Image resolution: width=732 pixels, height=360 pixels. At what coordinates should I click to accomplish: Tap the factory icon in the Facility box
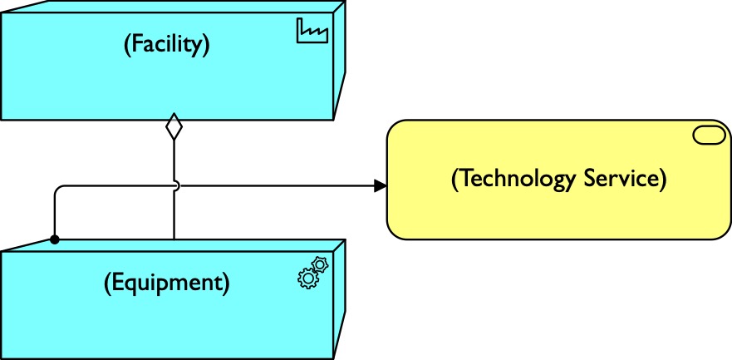pos(312,32)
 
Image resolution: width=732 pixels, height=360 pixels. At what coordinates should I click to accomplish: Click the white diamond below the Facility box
pos(174,128)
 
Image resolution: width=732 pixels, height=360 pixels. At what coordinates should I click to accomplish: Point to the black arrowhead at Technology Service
pos(380,185)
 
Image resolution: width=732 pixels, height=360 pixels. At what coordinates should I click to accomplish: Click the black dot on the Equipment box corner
pos(54,239)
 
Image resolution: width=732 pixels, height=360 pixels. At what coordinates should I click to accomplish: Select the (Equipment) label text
pos(166,283)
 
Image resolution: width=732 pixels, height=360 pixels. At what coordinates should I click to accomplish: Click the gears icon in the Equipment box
pos(312,273)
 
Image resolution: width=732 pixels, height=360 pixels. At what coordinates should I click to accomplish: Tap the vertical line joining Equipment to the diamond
pos(174,216)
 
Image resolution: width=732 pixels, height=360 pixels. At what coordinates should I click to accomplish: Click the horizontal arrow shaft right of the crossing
pos(274,185)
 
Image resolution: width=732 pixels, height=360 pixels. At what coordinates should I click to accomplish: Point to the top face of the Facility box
pos(166,7)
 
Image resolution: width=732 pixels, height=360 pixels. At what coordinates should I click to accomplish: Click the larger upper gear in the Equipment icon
pos(320,266)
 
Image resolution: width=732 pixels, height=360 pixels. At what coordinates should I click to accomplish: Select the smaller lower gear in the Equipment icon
pos(307,279)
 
